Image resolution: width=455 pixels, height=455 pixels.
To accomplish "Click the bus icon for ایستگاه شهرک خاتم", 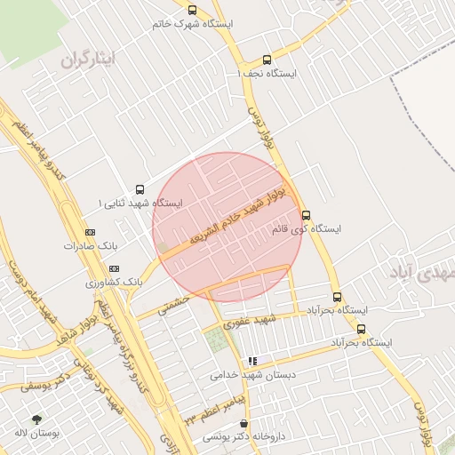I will (193, 10).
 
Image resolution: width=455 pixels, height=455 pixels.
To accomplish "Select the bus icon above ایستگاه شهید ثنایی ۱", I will (140, 188).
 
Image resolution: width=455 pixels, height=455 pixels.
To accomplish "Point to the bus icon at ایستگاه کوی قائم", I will (307, 214).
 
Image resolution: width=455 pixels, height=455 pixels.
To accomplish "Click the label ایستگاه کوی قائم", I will (306, 229).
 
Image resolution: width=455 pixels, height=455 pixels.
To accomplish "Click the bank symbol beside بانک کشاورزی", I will (114, 267).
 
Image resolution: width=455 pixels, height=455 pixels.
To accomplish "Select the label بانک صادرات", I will (90, 245).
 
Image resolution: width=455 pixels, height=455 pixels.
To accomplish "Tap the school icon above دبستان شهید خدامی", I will (252, 361).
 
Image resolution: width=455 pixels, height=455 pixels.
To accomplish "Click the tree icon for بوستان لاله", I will (36, 419).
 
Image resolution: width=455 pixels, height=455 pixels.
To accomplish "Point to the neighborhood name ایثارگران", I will (89, 60).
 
